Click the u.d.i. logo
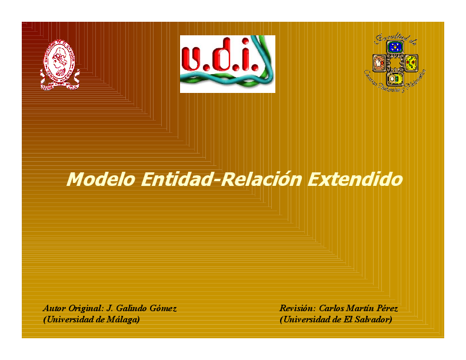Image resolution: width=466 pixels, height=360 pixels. pyautogui.click(x=227, y=64)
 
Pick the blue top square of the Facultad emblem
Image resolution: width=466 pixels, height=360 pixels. pyautogui.click(x=395, y=47)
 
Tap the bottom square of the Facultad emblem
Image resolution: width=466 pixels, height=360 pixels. pyautogui.click(x=395, y=78)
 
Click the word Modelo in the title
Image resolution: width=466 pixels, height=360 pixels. pyautogui.click(x=101, y=179)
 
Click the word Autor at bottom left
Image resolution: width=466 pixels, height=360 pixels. pyautogui.click(x=55, y=308)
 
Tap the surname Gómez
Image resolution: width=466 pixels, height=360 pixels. pyautogui.click(x=162, y=308)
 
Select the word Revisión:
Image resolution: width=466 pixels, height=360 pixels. pyautogui.click(x=298, y=308)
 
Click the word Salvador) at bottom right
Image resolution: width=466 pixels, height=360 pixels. pyautogui.click(x=372, y=319)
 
